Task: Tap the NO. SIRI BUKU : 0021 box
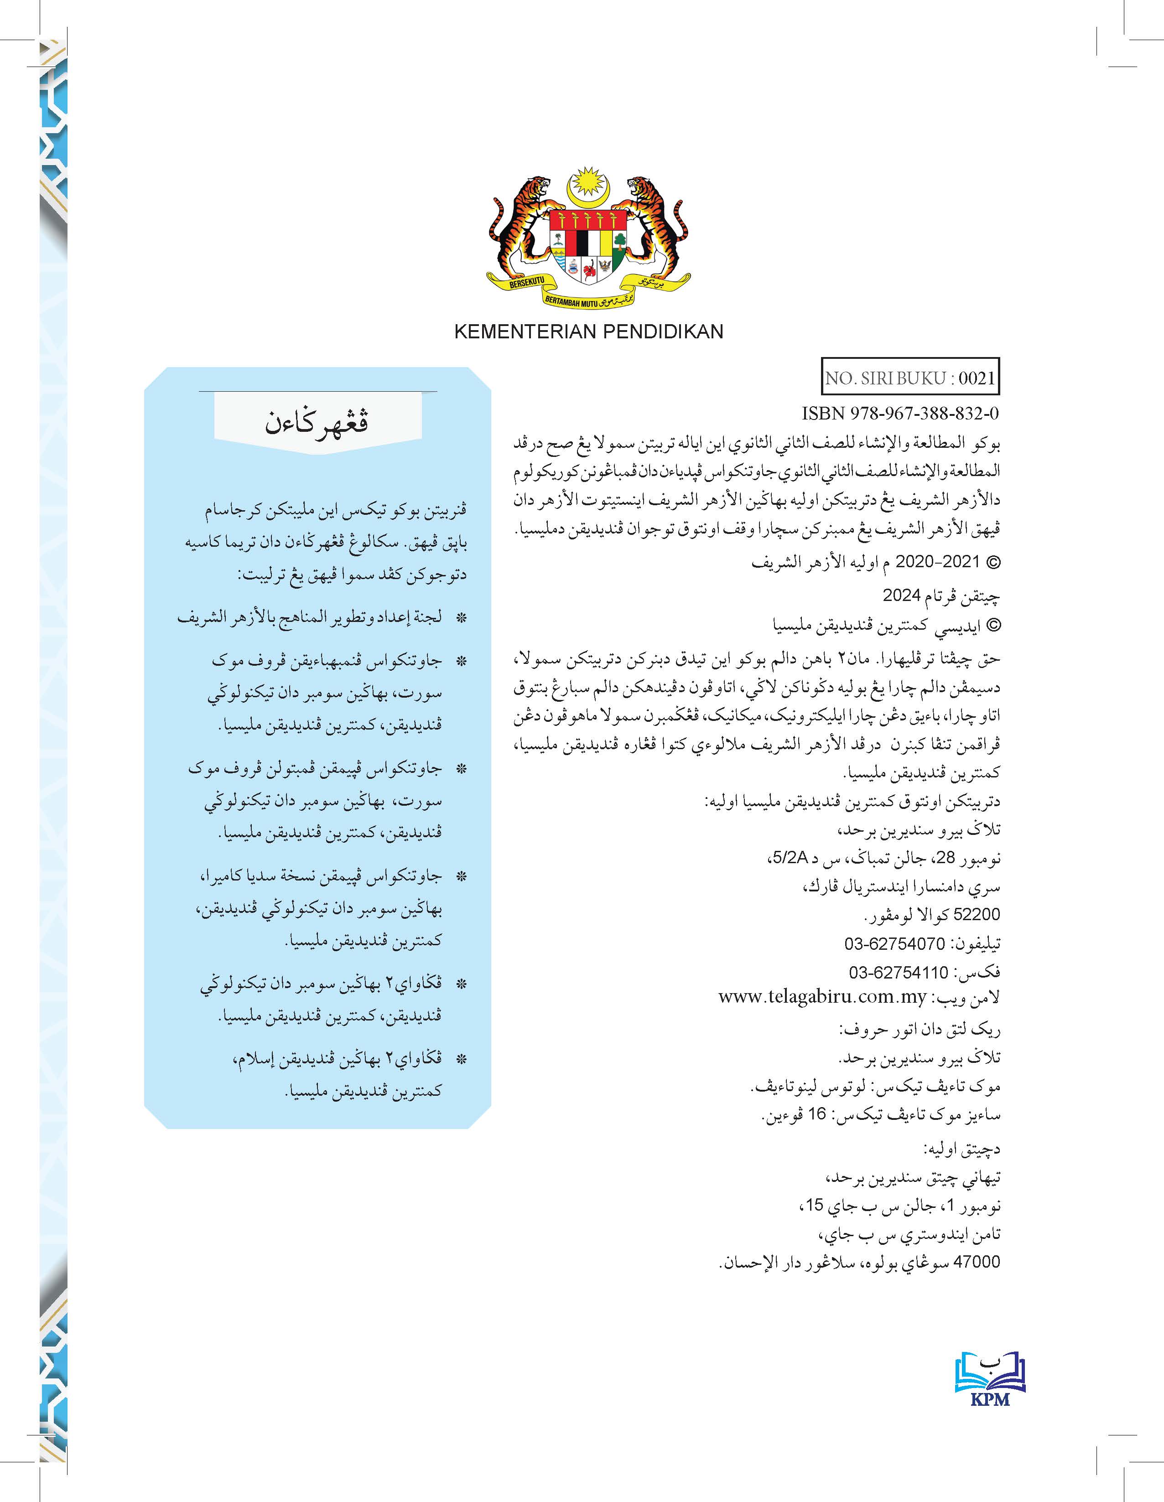click(x=910, y=378)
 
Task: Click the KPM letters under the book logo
click(x=990, y=1399)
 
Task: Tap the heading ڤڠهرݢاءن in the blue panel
click(x=317, y=421)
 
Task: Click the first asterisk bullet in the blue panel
click(x=461, y=617)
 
